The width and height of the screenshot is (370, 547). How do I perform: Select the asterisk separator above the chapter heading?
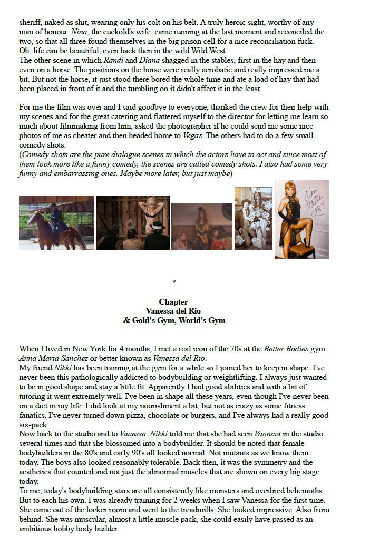click(x=174, y=283)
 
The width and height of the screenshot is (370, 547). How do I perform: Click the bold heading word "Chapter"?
click(x=173, y=302)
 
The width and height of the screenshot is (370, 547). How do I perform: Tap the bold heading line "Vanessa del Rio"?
click(x=173, y=311)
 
